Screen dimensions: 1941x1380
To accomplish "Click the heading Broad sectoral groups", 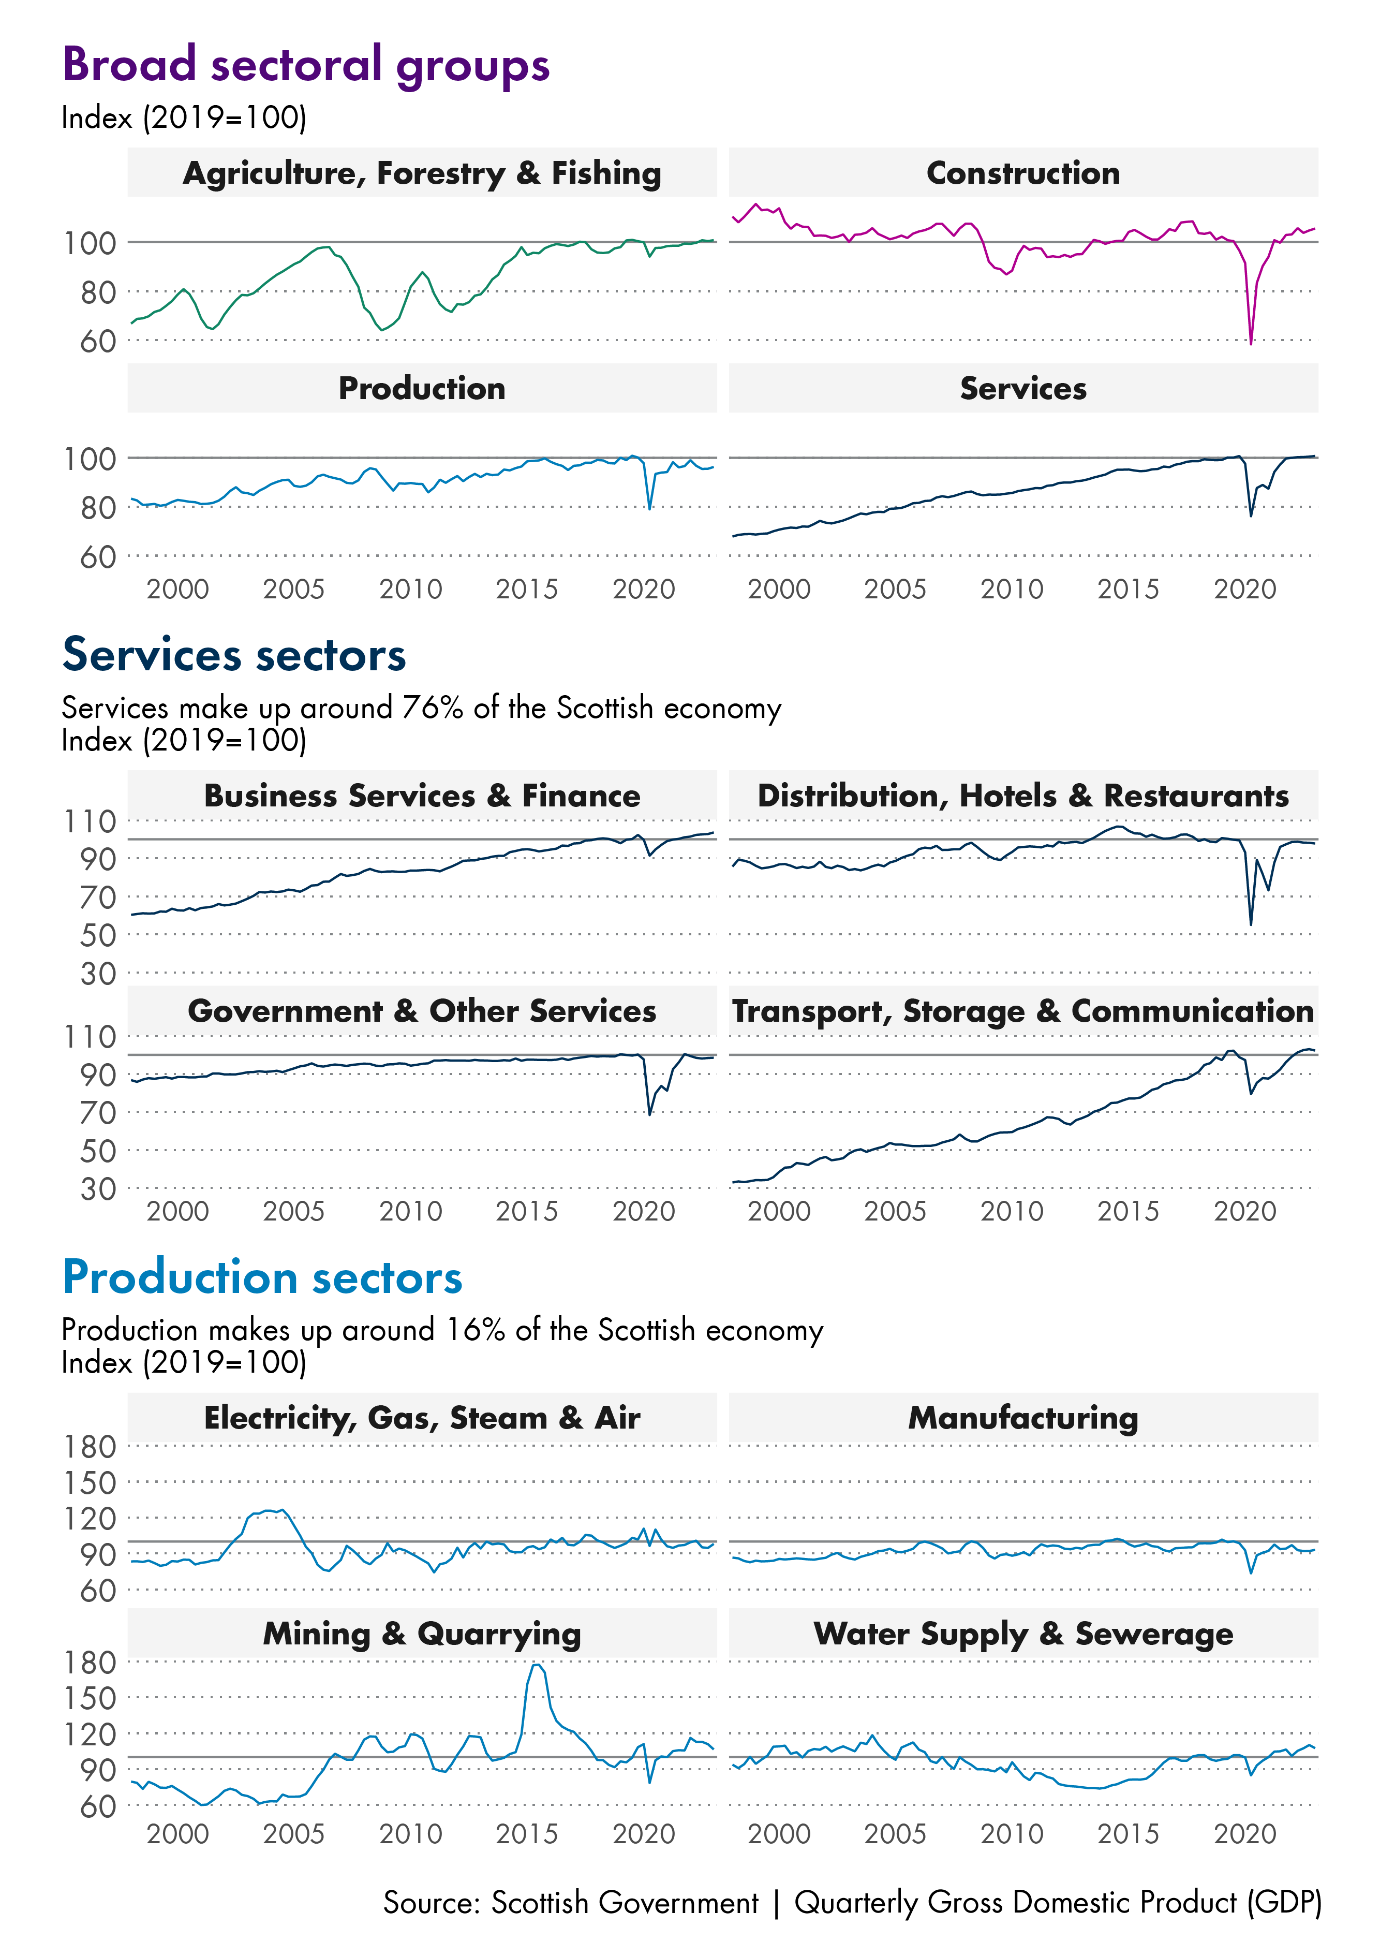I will [306, 65].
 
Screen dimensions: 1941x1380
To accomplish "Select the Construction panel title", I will [1022, 173].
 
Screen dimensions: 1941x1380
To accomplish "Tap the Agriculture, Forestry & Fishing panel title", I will [422, 173].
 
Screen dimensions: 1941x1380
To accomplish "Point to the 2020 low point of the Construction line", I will [1251, 343].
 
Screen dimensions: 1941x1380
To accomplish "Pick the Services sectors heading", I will [234, 655].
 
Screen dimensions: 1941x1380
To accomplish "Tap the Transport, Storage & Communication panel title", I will [1022, 1011].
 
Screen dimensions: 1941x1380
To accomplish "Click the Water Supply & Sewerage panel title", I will [1022, 1634].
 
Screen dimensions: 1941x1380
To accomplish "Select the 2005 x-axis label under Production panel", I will [293, 589].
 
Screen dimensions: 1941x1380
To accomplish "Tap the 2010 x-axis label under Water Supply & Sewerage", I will [1011, 1834].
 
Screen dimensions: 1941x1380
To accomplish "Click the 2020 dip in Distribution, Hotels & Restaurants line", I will [1251, 924].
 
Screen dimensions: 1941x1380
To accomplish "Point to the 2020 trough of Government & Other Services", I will [650, 1113].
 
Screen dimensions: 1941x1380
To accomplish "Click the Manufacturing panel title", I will [1022, 1418].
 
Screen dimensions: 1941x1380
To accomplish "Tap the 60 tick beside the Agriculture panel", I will [98, 342].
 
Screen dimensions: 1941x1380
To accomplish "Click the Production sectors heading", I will [262, 1277].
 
